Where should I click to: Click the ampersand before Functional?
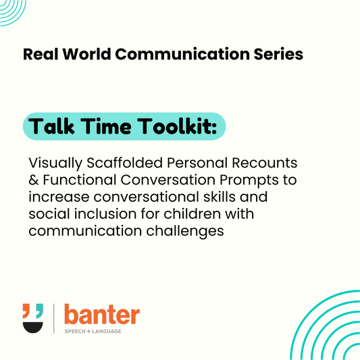(x=34, y=181)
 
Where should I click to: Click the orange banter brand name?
(x=101, y=314)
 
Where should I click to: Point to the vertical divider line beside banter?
(x=54, y=318)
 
